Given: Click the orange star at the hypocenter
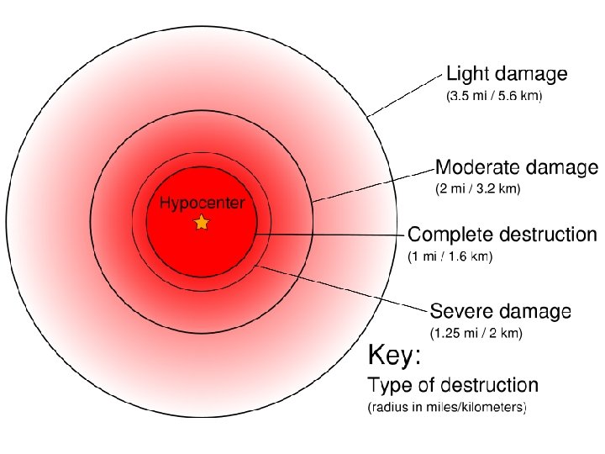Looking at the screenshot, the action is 201,222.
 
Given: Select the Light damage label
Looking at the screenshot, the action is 506,74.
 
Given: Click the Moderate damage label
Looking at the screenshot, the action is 516,167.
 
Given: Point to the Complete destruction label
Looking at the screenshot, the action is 502,234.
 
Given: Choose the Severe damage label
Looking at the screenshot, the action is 500,312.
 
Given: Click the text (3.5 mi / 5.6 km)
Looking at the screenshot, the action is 493,97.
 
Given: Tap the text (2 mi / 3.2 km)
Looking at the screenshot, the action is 477,189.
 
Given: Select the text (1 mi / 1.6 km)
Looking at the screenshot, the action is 450,256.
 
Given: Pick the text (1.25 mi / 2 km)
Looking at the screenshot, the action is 476,334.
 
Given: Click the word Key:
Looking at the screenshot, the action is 394,357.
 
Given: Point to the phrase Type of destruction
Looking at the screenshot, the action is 452,386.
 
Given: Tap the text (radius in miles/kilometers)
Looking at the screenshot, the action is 447,409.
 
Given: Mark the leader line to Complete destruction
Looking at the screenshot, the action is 328,234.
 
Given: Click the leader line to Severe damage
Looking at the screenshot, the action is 340,290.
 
